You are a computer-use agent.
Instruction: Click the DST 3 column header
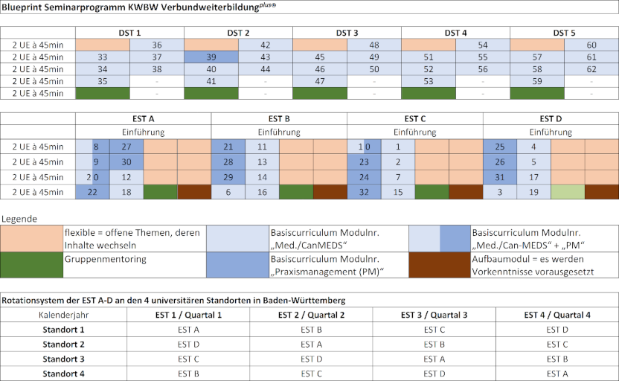point(347,33)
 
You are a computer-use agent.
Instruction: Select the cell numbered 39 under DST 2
point(211,57)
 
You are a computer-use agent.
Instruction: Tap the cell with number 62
point(591,69)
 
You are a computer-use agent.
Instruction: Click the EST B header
point(279,118)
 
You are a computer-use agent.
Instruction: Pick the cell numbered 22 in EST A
point(92,191)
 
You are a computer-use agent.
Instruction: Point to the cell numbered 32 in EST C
point(364,191)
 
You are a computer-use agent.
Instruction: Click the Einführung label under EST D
point(551,132)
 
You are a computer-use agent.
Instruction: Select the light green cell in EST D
point(567,191)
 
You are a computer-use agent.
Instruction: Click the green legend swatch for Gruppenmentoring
point(31,263)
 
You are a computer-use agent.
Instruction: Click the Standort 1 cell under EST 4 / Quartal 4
point(557,329)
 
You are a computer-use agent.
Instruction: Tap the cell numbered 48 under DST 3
point(374,45)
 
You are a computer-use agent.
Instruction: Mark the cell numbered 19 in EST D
point(533,191)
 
